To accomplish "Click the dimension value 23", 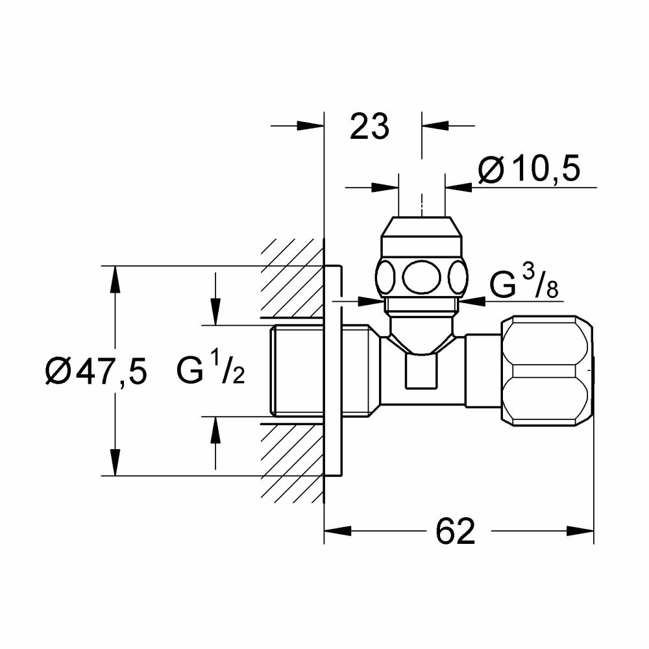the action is point(369,127).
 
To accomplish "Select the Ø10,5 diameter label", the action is point(530,169).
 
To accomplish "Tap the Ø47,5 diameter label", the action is point(96,372).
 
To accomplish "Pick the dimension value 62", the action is point(456,531).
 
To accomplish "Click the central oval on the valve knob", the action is point(422,277).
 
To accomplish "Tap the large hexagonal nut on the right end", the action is point(547,371).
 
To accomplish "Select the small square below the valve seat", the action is point(421,371).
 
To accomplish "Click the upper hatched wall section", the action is point(292,278).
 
